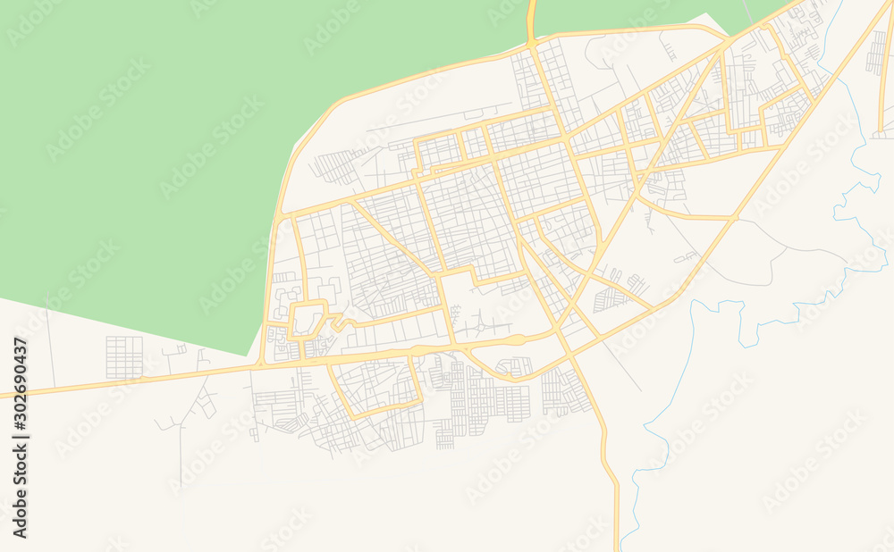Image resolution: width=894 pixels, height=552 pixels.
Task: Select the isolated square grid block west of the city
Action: tap(124, 357)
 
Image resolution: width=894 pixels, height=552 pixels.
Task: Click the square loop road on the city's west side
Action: tap(308, 319)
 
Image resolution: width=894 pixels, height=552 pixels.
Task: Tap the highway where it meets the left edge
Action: tap(4, 394)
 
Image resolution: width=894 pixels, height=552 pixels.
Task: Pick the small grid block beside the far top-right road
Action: tap(876, 54)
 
